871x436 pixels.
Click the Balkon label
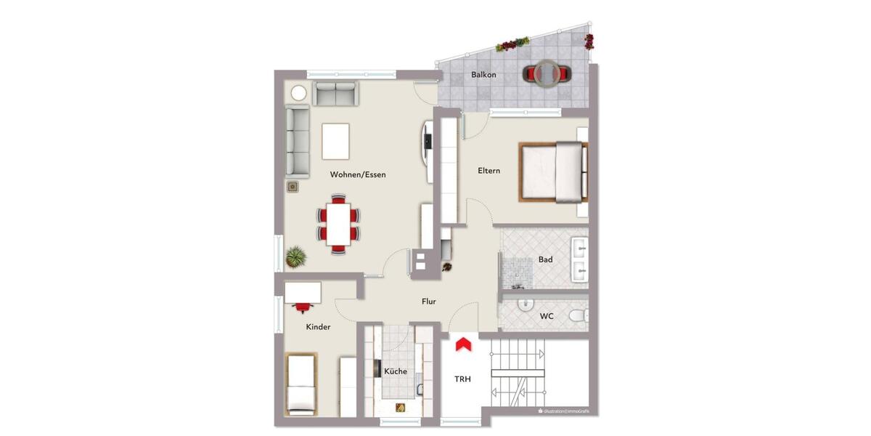point(483,75)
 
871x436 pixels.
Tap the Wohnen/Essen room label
point(358,174)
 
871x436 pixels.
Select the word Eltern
point(488,171)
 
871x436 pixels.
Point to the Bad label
point(545,259)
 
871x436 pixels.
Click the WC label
point(547,316)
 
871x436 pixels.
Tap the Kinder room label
point(318,327)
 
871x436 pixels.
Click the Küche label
point(396,371)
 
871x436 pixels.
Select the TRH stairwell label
point(462,379)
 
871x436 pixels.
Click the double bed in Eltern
point(552,171)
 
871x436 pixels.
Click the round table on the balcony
point(547,73)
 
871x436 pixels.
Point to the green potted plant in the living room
point(295,256)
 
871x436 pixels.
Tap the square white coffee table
point(336,141)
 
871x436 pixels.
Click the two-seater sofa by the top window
point(335,93)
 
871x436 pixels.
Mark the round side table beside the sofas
point(298,93)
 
